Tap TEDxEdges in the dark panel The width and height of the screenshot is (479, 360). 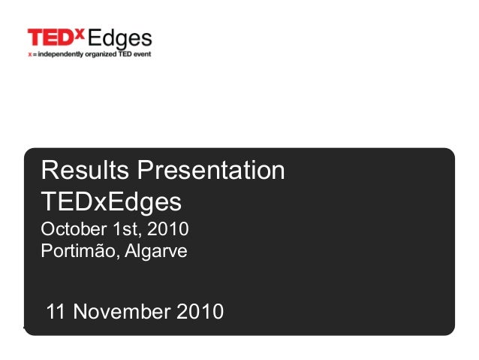111,201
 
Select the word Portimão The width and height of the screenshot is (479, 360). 77,250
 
